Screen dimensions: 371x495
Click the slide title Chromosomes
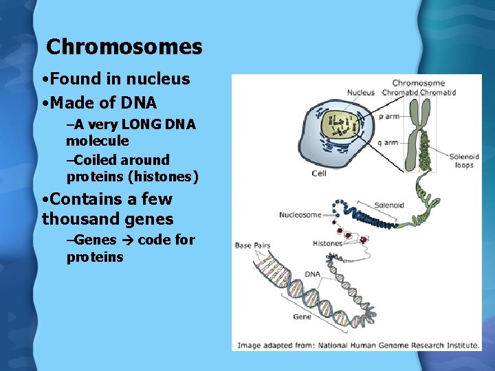click(124, 47)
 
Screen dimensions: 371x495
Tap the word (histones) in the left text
click(166, 177)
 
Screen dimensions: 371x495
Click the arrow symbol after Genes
click(128, 240)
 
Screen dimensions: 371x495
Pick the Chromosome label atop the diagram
click(418, 83)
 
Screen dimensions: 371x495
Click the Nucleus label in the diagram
click(361, 93)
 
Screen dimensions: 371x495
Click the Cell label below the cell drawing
click(319, 174)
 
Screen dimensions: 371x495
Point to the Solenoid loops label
click(464, 161)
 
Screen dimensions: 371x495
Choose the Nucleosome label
click(300, 215)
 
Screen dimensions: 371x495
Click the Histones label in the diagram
click(327, 243)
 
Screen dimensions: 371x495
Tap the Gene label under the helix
click(302, 317)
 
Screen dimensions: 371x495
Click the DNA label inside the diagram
click(313, 274)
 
